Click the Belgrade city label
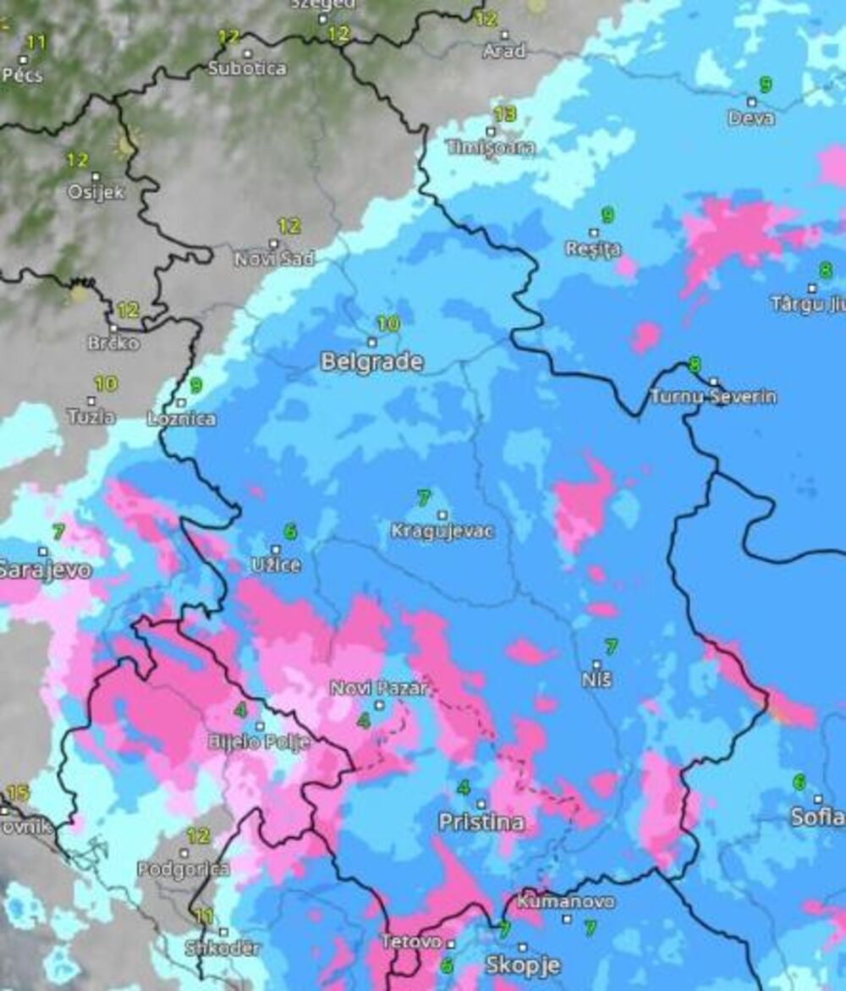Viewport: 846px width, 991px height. click(x=371, y=362)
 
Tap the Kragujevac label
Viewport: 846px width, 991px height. click(x=442, y=532)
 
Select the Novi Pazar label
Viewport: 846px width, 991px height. click(x=379, y=688)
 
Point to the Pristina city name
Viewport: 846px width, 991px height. click(x=481, y=822)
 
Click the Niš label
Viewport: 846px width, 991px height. click(x=597, y=680)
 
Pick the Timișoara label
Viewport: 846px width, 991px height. click(x=491, y=147)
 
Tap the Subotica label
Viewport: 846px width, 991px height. click(x=247, y=69)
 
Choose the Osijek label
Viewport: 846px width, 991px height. click(x=96, y=192)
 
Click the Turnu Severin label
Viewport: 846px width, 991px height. click(x=713, y=397)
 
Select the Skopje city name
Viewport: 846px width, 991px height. click(x=523, y=965)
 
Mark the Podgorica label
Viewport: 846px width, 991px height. click(x=184, y=869)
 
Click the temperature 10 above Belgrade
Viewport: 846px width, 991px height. click(x=387, y=323)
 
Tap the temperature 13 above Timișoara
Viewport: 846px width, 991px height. click(x=504, y=114)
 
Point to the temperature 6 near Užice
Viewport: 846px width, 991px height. click(x=290, y=531)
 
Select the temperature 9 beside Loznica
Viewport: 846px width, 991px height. click(x=196, y=386)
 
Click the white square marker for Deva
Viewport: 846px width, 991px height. click(x=750, y=102)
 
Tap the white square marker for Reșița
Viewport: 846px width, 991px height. click(x=594, y=233)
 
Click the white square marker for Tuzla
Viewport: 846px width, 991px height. click(x=92, y=400)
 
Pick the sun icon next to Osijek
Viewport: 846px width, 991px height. click(x=125, y=146)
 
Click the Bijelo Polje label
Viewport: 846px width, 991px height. click(x=259, y=742)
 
